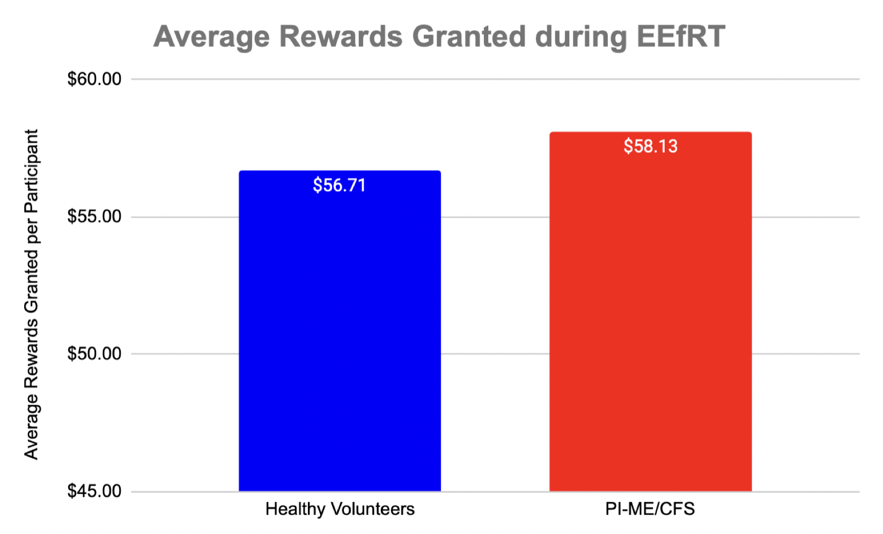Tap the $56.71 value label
(340, 186)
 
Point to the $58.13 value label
(650, 146)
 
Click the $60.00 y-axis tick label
(94, 79)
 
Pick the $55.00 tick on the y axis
(94, 217)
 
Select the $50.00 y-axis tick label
(94, 354)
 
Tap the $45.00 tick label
(94, 491)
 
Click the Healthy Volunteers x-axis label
(340, 509)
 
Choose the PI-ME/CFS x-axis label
(650, 509)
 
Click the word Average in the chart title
(211, 37)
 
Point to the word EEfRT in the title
(680, 37)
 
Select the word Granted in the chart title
(469, 37)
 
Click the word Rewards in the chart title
(341, 37)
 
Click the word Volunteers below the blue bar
(372, 509)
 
